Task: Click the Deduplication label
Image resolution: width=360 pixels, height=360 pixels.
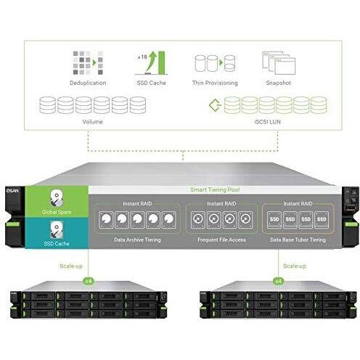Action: pyautogui.click(x=88, y=83)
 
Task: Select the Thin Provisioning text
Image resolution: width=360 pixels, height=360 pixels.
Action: pyautogui.click(x=215, y=83)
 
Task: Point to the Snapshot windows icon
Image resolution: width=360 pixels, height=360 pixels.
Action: pyautogui.click(x=279, y=63)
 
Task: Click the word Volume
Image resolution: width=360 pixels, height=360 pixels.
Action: pyautogui.click(x=92, y=122)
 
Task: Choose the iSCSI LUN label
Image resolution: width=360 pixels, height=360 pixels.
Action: pyautogui.click(x=268, y=122)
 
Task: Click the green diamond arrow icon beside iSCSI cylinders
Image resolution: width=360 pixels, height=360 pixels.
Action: pyautogui.click(x=215, y=105)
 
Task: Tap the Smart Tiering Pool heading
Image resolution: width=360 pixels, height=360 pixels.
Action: pyautogui.click(x=215, y=189)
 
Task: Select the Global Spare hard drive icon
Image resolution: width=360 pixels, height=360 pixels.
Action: pyautogui.click(x=57, y=198)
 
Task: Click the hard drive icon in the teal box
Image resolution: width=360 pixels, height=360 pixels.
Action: pyautogui.click(x=57, y=229)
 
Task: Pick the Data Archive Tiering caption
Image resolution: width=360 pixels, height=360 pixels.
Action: pyautogui.click(x=137, y=240)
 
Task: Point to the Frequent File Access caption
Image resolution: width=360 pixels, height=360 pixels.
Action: pyautogui.click(x=221, y=240)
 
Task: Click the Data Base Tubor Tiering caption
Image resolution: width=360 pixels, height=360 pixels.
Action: pyautogui.click(x=298, y=240)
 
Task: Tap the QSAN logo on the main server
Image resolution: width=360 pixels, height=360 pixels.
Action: pyautogui.click(x=12, y=191)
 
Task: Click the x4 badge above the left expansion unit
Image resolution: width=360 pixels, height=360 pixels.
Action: pyautogui.click(x=88, y=281)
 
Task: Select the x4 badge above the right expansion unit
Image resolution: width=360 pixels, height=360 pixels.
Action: pyautogui.click(x=278, y=281)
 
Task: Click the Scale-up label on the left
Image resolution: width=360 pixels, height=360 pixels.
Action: pyautogui.click(x=71, y=266)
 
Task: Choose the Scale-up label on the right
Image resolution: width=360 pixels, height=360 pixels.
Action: pyautogui.click(x=295, y=266)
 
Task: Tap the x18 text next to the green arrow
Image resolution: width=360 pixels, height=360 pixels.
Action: pyautogui.click(x=142, y=57)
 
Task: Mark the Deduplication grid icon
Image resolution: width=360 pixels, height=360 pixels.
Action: pyautogui.click(x=88, y=63)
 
